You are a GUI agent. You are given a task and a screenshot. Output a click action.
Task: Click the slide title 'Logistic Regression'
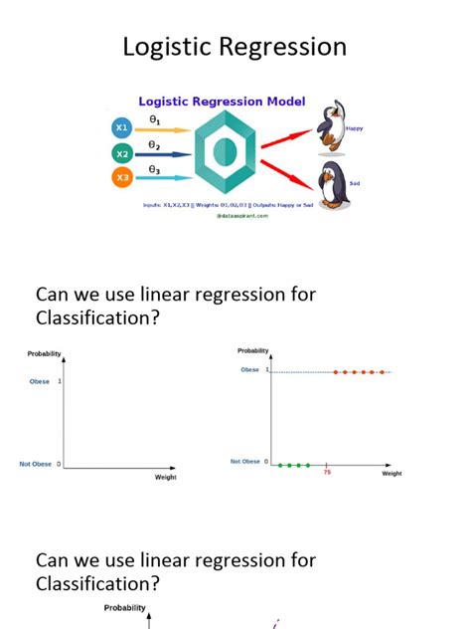click(235, 47)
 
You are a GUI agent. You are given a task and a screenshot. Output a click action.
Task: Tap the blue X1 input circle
click(122, 128)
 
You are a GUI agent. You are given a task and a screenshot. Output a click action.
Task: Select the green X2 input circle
click(122, 153)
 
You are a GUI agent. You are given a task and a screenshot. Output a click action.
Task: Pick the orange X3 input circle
click(122, 178)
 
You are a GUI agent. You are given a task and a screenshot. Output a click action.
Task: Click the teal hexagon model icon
click(225, 152)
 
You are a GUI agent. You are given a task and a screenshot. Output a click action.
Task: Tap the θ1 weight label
click(154, 119)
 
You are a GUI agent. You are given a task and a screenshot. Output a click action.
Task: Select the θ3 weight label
click(154, 169)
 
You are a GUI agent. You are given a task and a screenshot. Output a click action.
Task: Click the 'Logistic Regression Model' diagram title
click(222, 101)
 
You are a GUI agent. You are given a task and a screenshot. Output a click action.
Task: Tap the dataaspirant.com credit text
click(241, 216)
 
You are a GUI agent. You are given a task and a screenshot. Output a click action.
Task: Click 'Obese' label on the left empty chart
click(39, 381)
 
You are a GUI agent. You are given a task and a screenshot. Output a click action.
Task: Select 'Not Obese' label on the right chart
click(244, 462)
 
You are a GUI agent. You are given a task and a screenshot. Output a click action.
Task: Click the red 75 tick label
click(327, 473)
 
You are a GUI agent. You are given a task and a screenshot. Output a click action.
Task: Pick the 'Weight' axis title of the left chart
click(165, 478)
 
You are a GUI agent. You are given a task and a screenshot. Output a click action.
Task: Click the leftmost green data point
click(280, 465)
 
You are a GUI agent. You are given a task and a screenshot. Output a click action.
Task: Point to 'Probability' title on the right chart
click(253, 350)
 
